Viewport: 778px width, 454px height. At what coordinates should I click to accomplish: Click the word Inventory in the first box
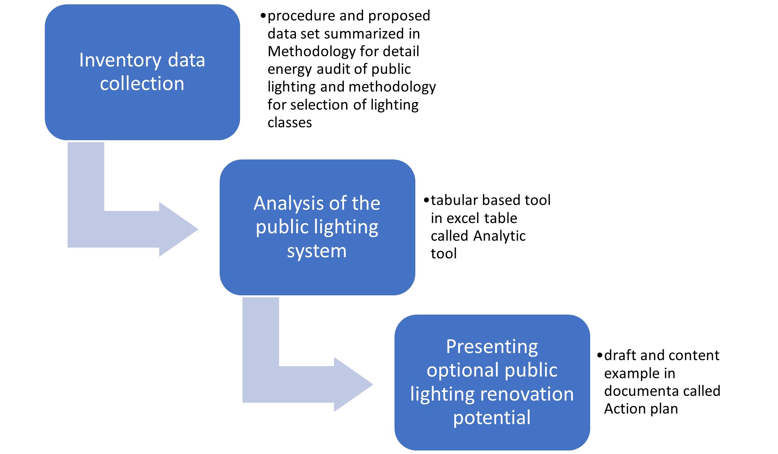pos(120,60)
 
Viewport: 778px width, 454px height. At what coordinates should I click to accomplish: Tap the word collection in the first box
pos(142,84)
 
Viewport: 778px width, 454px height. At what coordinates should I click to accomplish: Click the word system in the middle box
pos(317,251)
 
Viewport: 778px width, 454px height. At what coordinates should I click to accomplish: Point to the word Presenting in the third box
pos(492,347)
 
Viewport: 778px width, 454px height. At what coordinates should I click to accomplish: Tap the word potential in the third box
pos(492,417)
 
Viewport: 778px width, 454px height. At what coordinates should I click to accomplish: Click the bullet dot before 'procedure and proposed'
pos(263,16)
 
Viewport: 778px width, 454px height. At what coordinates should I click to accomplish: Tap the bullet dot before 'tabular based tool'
pos(426,200)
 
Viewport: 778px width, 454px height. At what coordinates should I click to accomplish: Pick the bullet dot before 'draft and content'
pos(600,355)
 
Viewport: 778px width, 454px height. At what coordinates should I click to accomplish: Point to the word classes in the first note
pos(290,123)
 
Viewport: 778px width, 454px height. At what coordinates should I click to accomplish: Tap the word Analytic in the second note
pos(499,236)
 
